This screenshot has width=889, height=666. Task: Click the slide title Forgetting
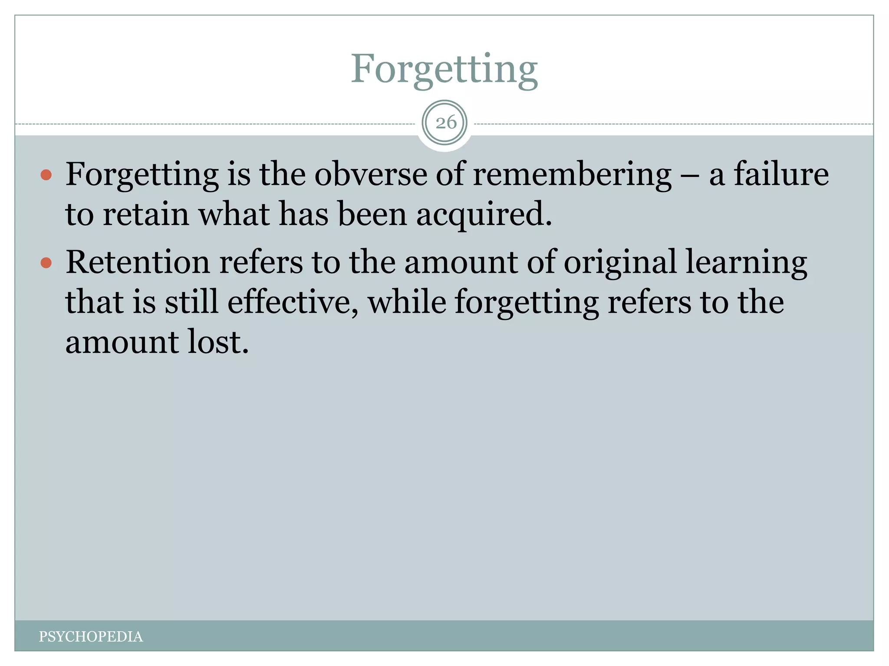point(444,69)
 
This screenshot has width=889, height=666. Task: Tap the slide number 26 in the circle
point(446,123)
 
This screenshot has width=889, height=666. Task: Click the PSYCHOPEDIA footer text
point(91,637)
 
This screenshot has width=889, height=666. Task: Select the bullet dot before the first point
point(46,175)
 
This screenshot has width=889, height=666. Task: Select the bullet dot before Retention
point(46,263)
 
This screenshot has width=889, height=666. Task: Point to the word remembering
point(572,174)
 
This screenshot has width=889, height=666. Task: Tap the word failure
point(781,174)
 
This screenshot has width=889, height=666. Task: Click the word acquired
point(484,215)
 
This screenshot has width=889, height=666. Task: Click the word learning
point(746,263)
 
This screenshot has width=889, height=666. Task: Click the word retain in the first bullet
point(146,215)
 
